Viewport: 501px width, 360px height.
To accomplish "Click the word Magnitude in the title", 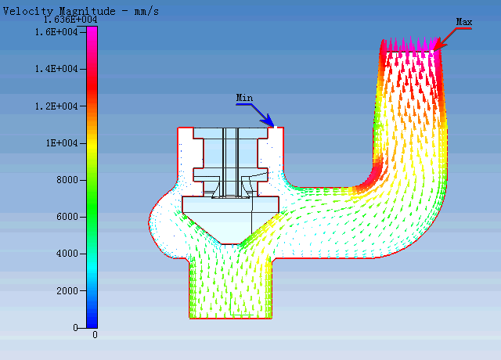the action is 87,12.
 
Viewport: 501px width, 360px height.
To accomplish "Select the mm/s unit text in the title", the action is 146,12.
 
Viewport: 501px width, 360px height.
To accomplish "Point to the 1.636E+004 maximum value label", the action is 70,20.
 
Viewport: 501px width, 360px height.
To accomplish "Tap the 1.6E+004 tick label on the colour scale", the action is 56,32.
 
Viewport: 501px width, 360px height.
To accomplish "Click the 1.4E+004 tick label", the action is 56,69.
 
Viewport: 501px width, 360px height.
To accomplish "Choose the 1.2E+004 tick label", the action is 56,106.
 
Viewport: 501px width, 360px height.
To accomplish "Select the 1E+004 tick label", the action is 62,143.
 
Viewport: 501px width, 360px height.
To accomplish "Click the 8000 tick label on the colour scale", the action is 67,180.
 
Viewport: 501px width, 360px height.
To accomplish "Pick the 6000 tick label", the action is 67,217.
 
